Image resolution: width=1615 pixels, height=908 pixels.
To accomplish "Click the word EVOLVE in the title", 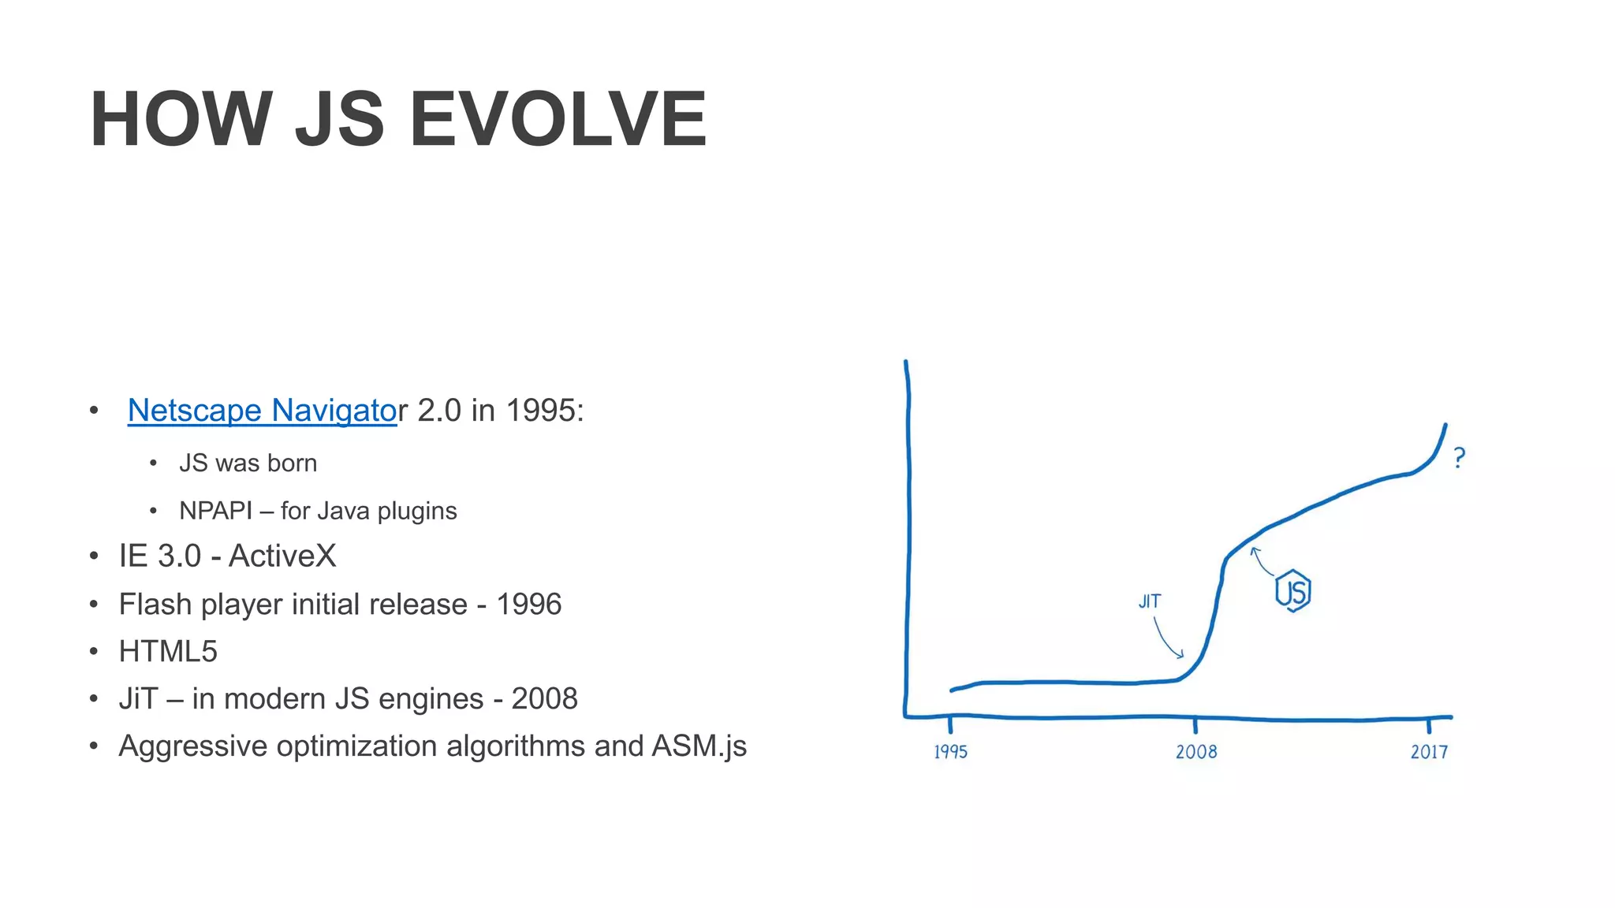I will (x=558, y=119).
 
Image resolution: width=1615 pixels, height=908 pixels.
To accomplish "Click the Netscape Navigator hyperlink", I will (x=263, y=411).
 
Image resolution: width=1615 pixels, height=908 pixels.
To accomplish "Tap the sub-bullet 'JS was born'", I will (x=248, y=463).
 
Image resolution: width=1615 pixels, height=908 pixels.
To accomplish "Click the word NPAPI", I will (x=215, y=511).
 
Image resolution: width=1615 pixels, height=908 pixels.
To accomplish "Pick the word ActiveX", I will (x=282, y=556).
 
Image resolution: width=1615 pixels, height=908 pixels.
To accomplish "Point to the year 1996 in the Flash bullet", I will (x=528, y=605).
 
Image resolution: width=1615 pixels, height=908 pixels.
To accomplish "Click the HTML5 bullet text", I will (x=168, y=652).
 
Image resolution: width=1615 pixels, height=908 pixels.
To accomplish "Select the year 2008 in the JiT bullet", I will (x=544, y=699).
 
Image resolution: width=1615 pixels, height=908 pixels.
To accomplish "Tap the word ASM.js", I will (x=699, y=746).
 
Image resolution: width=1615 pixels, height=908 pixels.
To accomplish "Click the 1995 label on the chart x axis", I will (x=950, y=752).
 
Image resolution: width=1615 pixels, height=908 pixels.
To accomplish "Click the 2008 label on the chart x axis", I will (x=1196, y=752).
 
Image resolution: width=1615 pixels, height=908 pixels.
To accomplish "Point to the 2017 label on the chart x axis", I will (x=1429, y=752).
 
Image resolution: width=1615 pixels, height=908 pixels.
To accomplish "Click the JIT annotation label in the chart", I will (x=1150, y=601).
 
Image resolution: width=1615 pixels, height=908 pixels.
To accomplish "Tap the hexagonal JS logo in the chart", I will (x=1293, y=591).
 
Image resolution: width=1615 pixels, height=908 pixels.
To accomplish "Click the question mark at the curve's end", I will (x=1460, y=458).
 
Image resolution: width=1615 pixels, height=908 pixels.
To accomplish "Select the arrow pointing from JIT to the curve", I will (x=1167, y=639).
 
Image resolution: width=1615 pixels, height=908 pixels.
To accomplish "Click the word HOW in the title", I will (x=181, y=119).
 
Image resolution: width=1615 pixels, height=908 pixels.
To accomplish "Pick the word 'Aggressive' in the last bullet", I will (x=193, y=746).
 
